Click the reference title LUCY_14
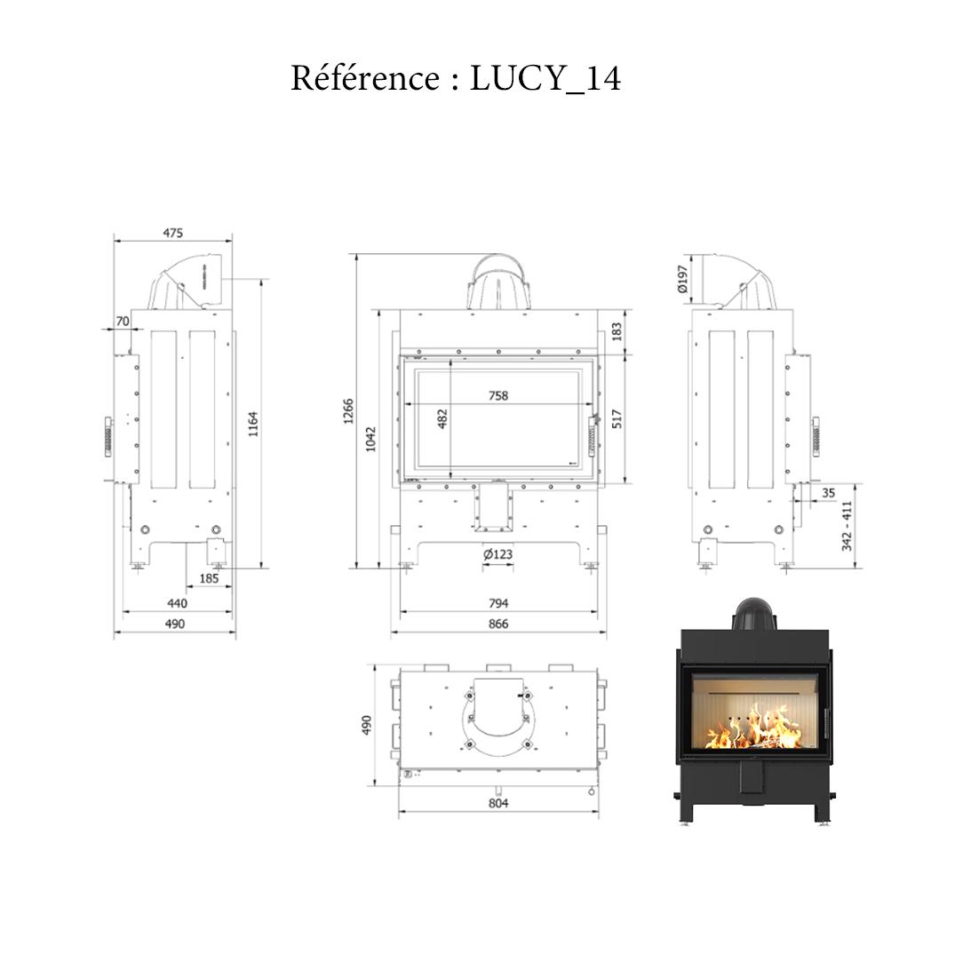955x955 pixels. coord(456,78)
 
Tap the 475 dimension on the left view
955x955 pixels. coord(173,233)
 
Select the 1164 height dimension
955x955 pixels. coord(253,425)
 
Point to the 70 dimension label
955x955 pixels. coord(122,320)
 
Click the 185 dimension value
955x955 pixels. coord(209,578)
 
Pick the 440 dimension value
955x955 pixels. coord(177,603)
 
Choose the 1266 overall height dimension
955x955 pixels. coord(348,410)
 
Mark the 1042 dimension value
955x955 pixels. coord(371,438)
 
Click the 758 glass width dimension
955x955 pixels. coord(498,395)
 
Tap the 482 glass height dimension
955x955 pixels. coord(442,418)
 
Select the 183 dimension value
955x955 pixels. coord(617,331)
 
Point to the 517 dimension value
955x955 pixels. coord(617,418)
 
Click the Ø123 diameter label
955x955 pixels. coord(498,554)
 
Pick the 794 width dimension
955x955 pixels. coord(498,603)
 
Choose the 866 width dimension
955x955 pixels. coord(498,624)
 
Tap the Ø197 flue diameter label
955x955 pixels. coord(682,279)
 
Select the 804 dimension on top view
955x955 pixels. coord(498,803)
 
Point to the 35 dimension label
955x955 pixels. coord(828,492)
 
